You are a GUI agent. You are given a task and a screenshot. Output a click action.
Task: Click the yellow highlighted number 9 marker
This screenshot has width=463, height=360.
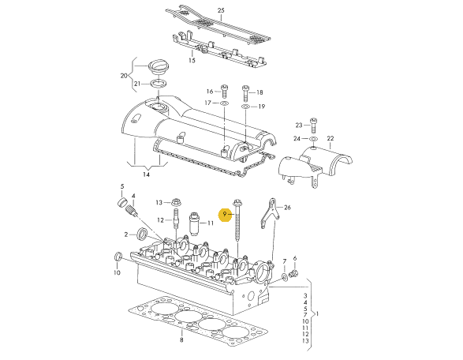225,215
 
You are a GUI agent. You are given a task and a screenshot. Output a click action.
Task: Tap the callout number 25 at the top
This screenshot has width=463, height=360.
221,10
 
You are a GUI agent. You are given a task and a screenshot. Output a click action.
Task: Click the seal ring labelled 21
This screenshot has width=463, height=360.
159,84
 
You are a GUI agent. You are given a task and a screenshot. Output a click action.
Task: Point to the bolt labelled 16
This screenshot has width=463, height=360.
225,92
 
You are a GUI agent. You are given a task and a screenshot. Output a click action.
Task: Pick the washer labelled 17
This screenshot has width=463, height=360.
225,103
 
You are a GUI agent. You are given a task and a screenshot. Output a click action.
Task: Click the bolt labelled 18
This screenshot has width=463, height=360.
245,92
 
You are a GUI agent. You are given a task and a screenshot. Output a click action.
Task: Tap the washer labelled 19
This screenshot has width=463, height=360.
245,107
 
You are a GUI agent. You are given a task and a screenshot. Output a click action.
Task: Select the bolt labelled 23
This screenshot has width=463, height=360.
313,126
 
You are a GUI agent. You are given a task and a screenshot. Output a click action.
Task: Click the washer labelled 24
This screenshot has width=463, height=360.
313,139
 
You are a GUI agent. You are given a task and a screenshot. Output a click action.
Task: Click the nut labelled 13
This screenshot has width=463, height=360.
175,202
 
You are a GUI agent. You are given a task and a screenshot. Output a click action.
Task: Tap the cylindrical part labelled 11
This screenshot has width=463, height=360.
194,223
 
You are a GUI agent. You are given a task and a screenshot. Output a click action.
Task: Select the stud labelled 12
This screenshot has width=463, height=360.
176,219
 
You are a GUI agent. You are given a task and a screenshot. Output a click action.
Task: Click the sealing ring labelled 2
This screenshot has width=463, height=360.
144,234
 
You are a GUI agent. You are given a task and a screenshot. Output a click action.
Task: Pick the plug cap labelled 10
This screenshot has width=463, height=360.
118,257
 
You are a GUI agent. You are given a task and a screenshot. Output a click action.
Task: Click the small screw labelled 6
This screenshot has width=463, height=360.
293,273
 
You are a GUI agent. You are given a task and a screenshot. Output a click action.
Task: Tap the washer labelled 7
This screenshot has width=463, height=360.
285,277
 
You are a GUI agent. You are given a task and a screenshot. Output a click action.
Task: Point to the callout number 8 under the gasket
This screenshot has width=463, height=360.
181,340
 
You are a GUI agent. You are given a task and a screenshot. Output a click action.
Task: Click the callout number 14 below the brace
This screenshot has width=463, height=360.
146,174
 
